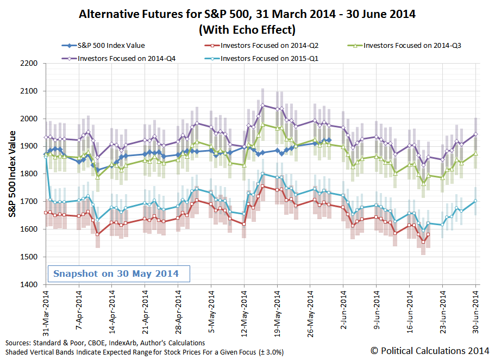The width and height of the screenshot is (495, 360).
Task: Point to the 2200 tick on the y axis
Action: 28,64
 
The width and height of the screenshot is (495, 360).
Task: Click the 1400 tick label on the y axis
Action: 28,284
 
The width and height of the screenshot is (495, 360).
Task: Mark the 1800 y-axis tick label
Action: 28,174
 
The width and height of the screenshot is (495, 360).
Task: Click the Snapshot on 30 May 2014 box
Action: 116,274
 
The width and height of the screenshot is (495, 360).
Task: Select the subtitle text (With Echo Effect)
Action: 247,29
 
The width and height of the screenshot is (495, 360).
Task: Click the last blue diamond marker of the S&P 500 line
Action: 329,140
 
